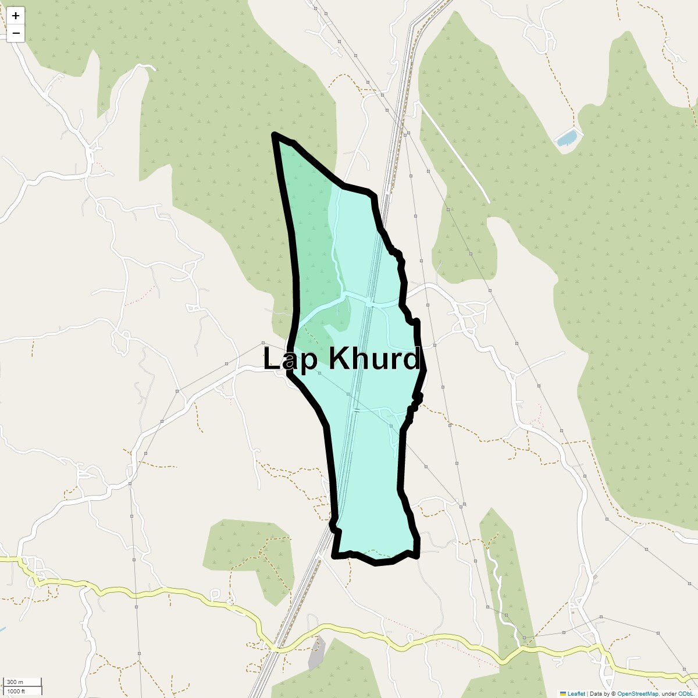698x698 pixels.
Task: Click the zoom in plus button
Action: pos(16,16)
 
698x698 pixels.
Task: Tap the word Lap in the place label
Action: pos(291,359)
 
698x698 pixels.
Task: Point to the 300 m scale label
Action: pos(15,682)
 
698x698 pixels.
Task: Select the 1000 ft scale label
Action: pos(16,691)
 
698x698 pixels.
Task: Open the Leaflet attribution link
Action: pos(576,693)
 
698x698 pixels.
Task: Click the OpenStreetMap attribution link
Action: pos(638,693)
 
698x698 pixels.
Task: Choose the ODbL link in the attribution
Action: pos(684,693)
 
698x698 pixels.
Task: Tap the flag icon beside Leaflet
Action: pos(562,693)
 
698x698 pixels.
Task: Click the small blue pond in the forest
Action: pos(567,138)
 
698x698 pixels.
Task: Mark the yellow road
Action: pos(174,592)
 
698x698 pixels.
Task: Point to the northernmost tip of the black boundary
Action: pos(275,135)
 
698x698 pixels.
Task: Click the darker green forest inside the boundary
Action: pos(311,233)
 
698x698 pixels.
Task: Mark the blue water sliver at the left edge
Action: pos(2,630)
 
